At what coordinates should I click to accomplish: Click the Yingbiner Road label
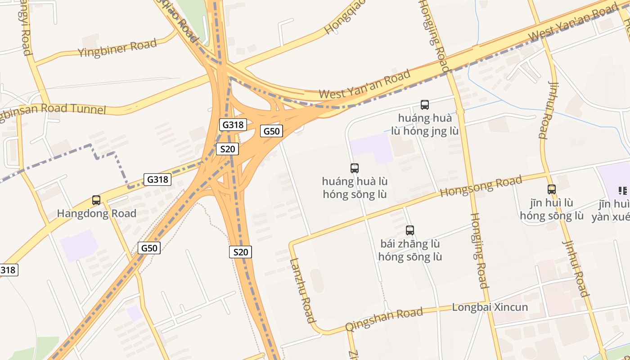click(x=117, y=48)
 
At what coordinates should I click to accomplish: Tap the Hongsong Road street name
click(x=481, y=186)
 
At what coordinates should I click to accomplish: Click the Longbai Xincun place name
click(x=490, y=308)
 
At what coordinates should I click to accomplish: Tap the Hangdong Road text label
click(x=96, y=213)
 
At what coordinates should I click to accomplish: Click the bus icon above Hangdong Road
click(x=96, y=200)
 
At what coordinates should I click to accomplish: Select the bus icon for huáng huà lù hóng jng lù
click(x=424, y=105)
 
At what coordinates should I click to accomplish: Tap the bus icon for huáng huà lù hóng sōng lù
click(x=355, y=168)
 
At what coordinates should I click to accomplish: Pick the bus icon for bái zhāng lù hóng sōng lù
click(x=409, y=230)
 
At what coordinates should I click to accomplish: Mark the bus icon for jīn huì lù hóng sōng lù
click(x=552, y=189)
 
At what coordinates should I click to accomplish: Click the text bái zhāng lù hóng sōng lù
click(x=410, y=251)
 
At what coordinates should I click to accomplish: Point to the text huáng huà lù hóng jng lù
click(x=424, y=125)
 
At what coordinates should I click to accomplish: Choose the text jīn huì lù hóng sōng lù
click(x=552, y=209)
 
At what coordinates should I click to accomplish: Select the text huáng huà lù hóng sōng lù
click(x=355, y=188)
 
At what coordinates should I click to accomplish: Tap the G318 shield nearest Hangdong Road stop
click(x=157, y=179)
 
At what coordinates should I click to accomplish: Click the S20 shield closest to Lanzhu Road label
click(x=241, y=252)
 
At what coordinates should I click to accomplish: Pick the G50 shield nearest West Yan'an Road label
click(x=272, y=131)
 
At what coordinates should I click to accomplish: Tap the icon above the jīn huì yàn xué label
click(x=622, y=190)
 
